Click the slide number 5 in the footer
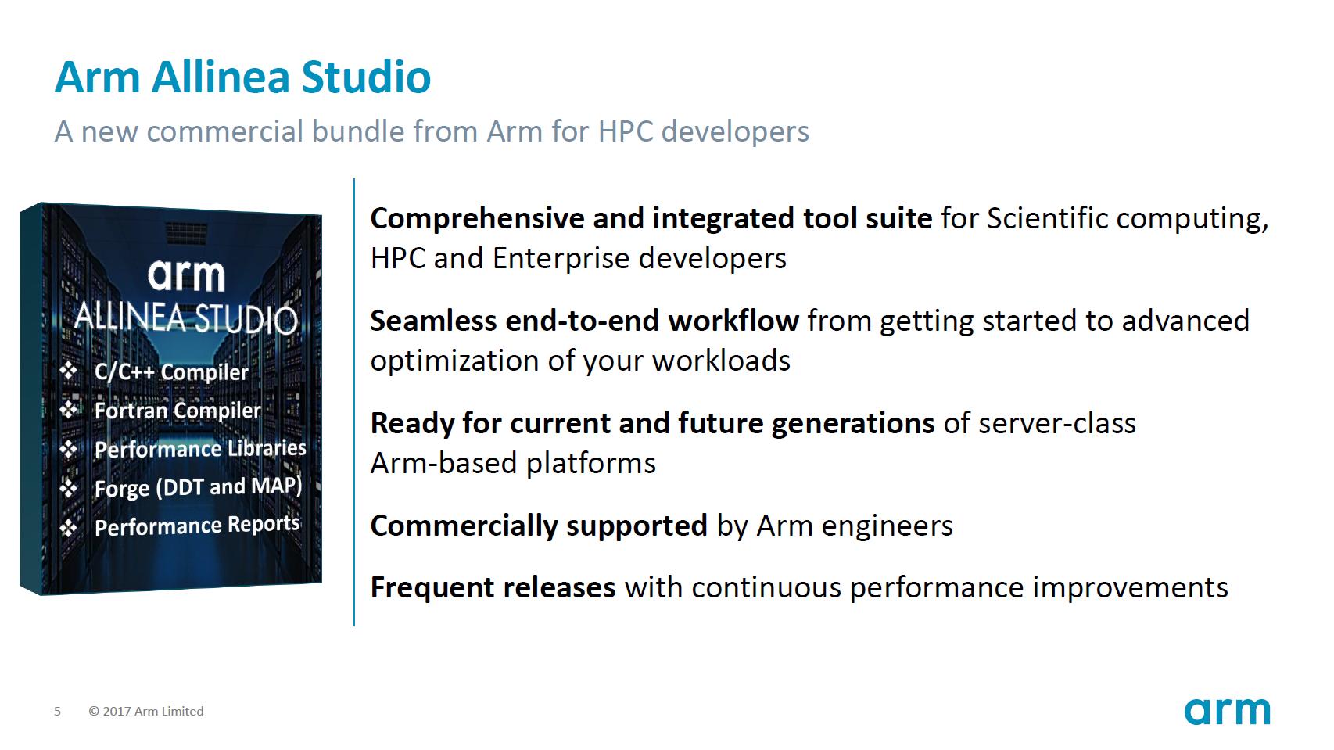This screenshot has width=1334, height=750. (57, 711)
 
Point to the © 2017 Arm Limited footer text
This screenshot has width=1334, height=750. (146, 711)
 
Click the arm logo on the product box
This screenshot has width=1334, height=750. (186, 275)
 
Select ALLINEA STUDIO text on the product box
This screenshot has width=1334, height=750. (186, 318)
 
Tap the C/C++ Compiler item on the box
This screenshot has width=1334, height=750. (171, 371)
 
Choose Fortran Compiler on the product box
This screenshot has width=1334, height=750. (178, 410)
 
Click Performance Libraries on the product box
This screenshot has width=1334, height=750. (200, 448)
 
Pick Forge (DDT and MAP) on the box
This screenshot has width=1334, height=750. (198, 486)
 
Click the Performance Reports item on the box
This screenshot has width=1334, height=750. (197, 526)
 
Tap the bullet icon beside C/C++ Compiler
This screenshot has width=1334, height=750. (69, 370)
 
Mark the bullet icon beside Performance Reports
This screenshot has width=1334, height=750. (69, 528)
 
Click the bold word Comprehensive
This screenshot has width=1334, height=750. (477, 218)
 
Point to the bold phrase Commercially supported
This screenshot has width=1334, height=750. (539, 526)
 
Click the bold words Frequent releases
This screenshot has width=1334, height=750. (493, 587)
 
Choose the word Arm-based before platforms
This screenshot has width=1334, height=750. (443, 463)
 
